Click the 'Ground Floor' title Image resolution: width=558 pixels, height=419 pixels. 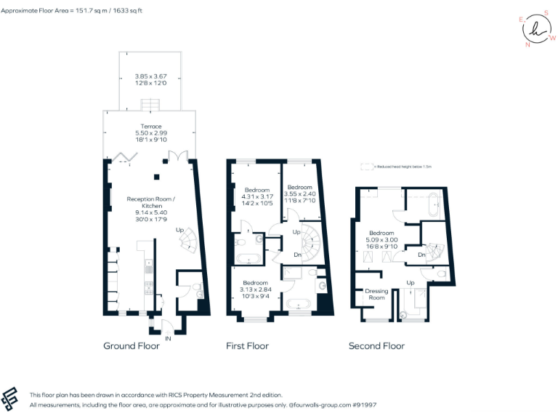pos(132,346)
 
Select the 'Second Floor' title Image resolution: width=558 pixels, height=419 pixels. pos(376,346)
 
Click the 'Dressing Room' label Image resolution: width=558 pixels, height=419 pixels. pos(376,295)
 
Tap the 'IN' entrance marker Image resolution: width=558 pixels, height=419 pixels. pos(169,338)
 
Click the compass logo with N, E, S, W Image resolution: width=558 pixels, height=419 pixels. pos(536,29)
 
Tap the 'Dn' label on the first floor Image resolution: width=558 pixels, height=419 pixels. pos(297,255)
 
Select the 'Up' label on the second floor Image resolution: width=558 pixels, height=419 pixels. pos(411,282)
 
